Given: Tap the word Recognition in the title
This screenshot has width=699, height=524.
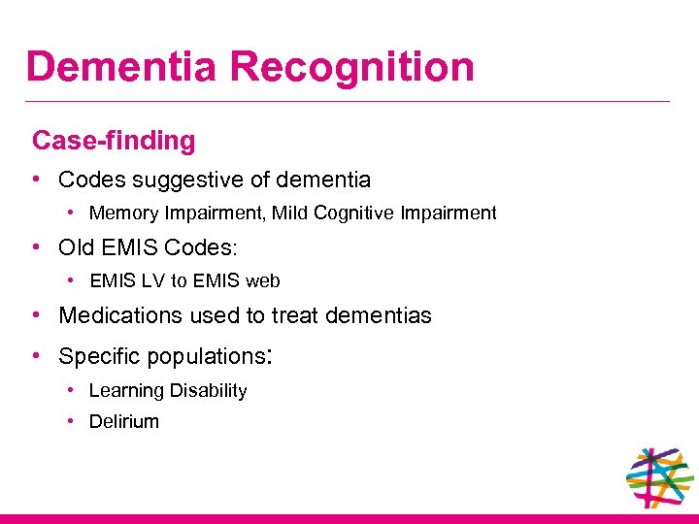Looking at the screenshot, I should point(353,68).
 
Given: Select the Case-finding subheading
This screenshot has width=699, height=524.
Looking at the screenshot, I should point(114,141).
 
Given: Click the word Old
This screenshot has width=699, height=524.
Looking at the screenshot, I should point(77,247).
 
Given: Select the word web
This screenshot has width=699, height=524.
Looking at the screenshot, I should point(262,281).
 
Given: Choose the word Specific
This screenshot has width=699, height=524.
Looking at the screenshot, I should point(99,357).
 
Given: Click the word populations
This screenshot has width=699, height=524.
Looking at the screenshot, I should point(205,357).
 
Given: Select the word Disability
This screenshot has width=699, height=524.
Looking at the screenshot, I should point(208,391).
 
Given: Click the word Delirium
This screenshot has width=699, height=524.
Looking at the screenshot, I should point(123,422).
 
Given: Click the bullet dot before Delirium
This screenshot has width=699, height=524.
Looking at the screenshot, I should point(73,421).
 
